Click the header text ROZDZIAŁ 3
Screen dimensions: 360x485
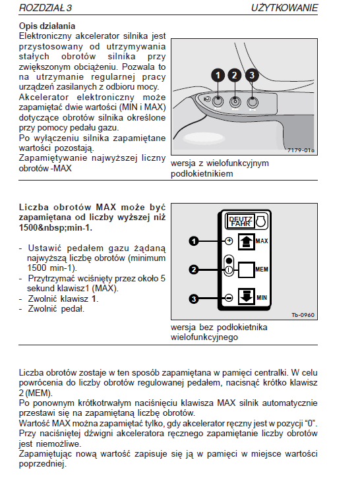coord(45,8)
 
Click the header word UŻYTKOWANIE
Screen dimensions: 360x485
coord(284,8)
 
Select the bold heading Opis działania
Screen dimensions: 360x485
coord(47,26)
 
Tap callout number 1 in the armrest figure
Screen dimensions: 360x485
coord(218,76)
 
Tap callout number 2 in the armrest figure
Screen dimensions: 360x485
coord(235,76)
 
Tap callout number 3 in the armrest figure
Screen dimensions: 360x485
coord(252,76)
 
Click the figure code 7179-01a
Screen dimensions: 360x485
coord(301,150)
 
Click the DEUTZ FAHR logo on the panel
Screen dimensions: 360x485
coord(241,221)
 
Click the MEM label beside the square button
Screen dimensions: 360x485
coord(262,270)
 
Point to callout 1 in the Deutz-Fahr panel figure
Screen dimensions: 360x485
coord(194,241)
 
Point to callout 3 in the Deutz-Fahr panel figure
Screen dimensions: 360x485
coord(194,299)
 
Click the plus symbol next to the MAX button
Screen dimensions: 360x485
coord(229,241)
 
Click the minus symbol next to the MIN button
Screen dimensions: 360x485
coord(229,298)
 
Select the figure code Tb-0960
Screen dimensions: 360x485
coord(303,315)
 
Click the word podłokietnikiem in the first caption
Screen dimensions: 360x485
coord(202,174)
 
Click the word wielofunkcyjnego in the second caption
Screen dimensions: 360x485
coord(204,337)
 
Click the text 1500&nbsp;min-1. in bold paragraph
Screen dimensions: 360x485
coord(56,228)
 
